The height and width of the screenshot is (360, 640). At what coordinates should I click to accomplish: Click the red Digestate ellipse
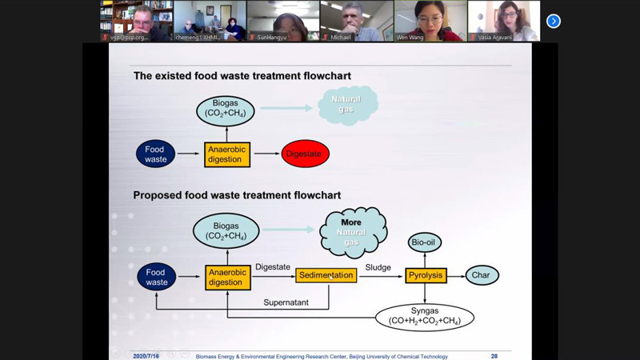pos(305,154)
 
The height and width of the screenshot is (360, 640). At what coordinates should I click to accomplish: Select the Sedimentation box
pos(326,275)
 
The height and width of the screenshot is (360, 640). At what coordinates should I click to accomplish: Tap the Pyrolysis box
pos(425,275)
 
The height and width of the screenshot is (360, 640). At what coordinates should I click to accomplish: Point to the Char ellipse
pos(482,275)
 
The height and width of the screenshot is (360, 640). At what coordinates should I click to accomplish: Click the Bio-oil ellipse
pos(425,242)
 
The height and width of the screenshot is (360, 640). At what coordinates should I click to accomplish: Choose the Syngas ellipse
pos(424,317)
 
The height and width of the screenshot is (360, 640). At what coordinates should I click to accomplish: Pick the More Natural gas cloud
pos(352,232)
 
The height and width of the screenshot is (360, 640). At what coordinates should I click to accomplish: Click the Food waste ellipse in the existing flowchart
pos(156,154)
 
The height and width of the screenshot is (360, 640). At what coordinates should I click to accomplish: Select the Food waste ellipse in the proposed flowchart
pos(157,277)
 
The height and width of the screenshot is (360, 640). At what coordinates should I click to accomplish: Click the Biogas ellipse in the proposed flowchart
pos(226,232)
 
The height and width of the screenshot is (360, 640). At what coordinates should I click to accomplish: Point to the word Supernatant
pos(287,302)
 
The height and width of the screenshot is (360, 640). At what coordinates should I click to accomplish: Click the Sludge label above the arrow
pos(378,266)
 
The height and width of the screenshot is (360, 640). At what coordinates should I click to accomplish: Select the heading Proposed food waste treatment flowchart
pos(237,195)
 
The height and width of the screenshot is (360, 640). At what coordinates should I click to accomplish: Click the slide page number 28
pos(494,356)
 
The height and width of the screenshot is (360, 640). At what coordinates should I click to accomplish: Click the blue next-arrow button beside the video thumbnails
pos(553,21)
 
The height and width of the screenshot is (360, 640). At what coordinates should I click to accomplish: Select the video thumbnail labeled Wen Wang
pos(430,21)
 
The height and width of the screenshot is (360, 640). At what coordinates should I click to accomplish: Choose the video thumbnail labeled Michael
pos(356,21)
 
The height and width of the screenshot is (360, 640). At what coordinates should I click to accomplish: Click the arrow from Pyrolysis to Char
pos(455,275)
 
